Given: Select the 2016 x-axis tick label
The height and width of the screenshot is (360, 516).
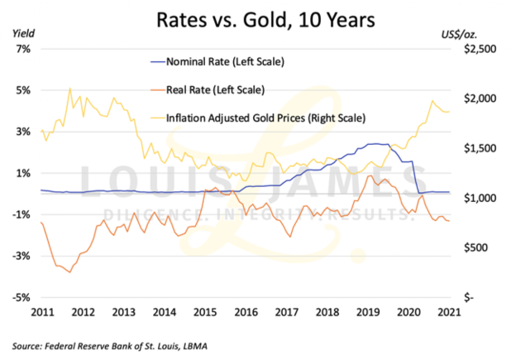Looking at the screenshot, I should click(245, 312).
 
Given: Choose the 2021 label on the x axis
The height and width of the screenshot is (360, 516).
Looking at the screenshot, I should click(448, 312).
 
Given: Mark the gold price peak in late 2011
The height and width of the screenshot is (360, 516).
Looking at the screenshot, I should click(69, 88).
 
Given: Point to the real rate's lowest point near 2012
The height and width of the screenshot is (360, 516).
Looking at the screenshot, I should click(69, 272).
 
